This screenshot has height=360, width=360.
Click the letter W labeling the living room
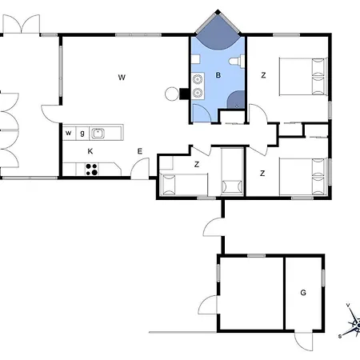122,78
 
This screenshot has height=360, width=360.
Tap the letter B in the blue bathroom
218,75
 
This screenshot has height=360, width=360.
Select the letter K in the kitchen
90,151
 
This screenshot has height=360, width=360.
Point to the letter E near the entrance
139,151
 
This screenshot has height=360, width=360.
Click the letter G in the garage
303,293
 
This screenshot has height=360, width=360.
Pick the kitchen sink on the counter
98,134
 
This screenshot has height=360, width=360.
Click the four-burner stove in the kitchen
92,170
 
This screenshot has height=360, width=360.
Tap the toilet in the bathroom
237,62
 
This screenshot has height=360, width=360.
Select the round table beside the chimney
172,94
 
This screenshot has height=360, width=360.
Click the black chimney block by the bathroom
184,94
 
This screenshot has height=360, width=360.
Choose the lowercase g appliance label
82,133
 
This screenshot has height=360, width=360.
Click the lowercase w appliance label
69,133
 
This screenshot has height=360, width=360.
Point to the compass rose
353,322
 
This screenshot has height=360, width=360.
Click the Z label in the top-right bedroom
263,75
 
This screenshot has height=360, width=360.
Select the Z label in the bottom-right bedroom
262,174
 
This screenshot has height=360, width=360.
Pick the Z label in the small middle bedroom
197,164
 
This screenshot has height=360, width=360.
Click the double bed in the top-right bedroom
303,76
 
